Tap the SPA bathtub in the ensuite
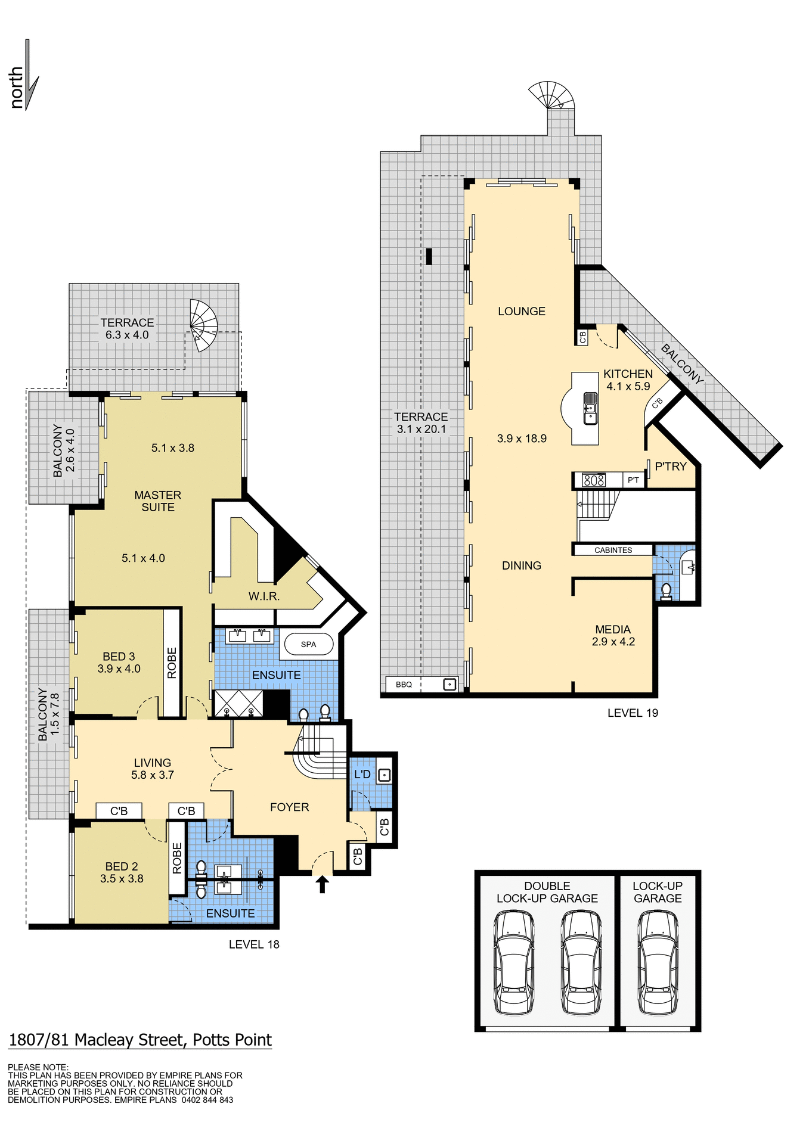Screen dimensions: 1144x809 click(x=308, y=644)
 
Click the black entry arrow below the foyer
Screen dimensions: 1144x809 click(x=322, y=884)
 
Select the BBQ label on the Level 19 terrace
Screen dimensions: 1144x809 click(x=404, y=685)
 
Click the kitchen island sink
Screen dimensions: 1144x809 click(x=590, y=408)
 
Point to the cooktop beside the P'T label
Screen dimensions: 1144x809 click(x=594, y=480)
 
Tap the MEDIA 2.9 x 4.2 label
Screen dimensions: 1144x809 click(x=613, y=635)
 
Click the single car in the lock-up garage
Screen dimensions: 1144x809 click(x=658, y=962)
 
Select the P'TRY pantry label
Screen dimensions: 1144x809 click(x=671, y=467)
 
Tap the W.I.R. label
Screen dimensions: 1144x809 click(x=264, y=596)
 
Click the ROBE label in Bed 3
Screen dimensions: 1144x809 click(x=172, y=663)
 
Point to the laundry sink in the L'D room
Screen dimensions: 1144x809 click(x=385, y=775)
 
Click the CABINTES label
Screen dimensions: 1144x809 click(x=613, y=550)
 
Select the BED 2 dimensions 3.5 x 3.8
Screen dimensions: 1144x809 click(x=122, y=879)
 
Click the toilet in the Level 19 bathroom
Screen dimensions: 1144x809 click(x=666, y=590)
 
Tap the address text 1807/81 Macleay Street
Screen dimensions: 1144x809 click(x=140, y=1040)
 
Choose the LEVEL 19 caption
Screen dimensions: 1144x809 click(x=633, y=713)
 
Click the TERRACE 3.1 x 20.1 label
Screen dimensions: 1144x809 click(x=421, y=423)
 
